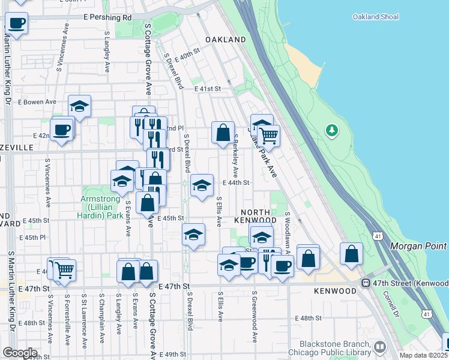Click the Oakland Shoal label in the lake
coord(376,17)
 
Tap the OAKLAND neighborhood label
coord(226,40)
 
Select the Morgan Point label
coord(418,247)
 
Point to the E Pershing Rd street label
coord(108,18)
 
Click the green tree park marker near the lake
coord(331,130)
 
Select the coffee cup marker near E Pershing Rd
coord(17,23)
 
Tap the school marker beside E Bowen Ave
coord(79,107)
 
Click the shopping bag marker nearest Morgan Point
coord(351,254)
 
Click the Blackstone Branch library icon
coord(379,347)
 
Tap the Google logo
coord(20,353)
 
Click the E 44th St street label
coord(235,182)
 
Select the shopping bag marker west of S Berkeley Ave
coord(223,133)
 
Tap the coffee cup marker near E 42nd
coord(61,130)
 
